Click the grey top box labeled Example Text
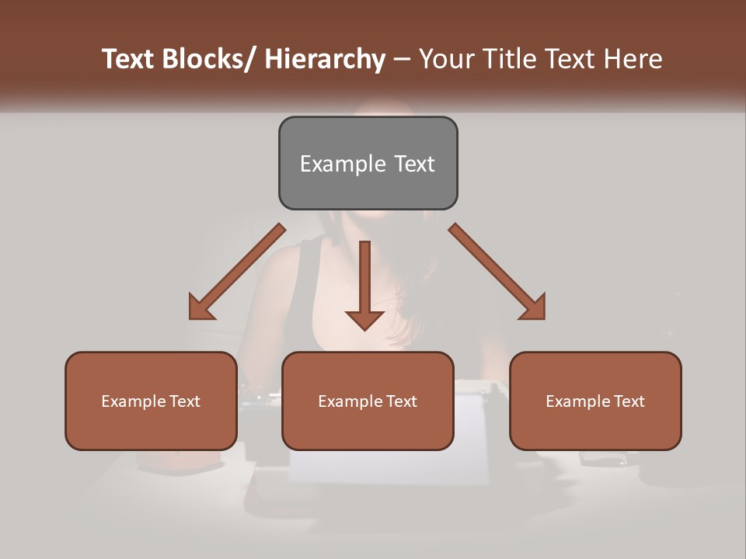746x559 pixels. point(368,163)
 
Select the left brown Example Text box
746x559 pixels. point(151,401)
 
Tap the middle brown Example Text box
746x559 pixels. point(368,401)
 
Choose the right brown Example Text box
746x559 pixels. point(595,401)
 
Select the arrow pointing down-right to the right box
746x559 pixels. point(497,272)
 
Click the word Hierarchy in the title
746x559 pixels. point(325,59)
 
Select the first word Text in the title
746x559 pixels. point(128,59)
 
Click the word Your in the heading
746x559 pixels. point(444,59)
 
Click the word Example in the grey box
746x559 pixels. point(337,164)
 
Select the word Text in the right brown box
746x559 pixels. point(629,401)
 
